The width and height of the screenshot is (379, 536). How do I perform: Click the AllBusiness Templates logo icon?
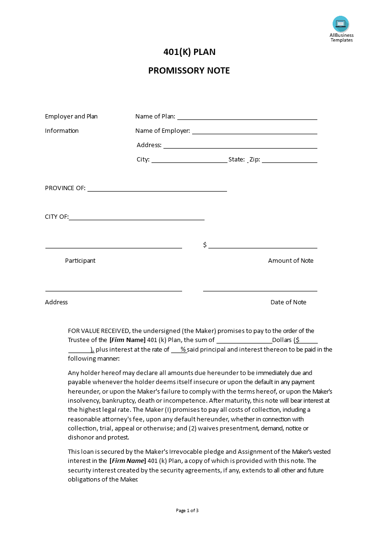[x=341, y=24]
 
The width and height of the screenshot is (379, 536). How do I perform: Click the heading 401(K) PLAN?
[x=189, y=52]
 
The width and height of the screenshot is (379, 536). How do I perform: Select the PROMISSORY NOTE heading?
[x=189, y=71]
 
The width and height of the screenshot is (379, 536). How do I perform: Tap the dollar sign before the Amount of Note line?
[x=205, y=245]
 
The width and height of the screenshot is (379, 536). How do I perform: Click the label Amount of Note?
[x=291, y=261]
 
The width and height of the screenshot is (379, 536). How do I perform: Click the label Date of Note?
[x=288, y=302]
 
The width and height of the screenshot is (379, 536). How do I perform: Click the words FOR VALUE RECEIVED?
[x=98, y=331]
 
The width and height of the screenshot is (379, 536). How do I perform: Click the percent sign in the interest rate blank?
[x=183, y=349]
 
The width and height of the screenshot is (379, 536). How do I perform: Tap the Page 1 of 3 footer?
[x=187, y=510]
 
